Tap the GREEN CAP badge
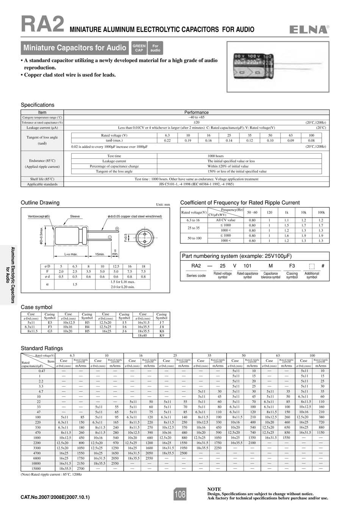click(139, 48)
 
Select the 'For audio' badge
click(155, 48)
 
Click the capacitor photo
click(278, 67)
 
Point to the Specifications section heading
click(38, 105)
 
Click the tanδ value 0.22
click(167, 141)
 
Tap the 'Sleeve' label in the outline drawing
click(75, 216)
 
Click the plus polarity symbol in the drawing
click(117, 228)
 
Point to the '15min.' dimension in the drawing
click(100, 254)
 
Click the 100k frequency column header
click(321, 213)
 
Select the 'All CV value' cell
click(225, 220)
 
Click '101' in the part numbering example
click(247, 266)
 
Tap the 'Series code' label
click(196, 276)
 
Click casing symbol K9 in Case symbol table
click(161, 335)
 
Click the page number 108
click(180, 494)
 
